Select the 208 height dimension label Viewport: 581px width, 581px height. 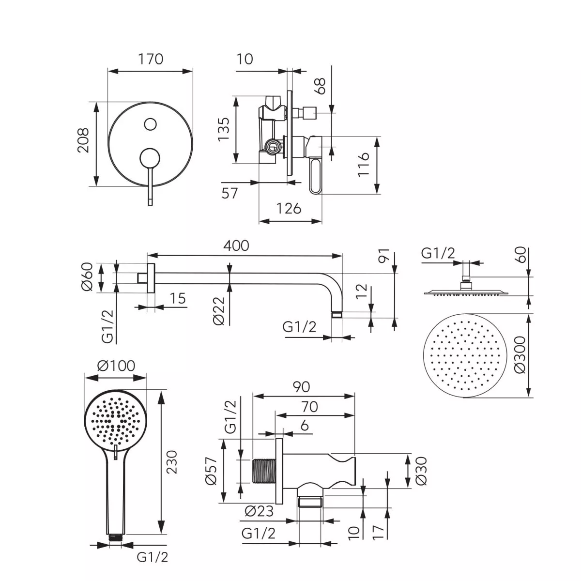tap(84, 140)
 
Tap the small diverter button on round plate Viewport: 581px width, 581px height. tap(150, 124)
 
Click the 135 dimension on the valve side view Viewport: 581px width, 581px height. tap(223, 128)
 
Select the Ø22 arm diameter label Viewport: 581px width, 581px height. tap(218, 310)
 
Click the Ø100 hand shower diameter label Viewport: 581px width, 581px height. tap(116, 366)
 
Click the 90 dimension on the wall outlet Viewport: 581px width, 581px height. tap(301, 387)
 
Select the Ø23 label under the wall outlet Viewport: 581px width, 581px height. tap(260, 511)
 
